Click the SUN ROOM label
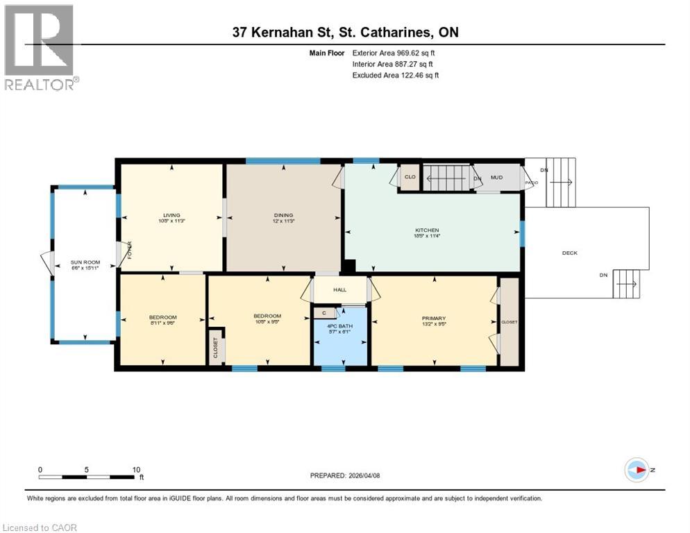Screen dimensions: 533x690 [x=85, y=263]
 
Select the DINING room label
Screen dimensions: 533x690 [x=283, y=215]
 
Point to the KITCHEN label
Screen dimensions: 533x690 [x=428, y=230]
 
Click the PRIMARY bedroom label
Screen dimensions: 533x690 [x=433, y=319]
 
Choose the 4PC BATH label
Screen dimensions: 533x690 [x=339, y=328]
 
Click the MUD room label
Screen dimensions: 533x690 [x=496, y=178]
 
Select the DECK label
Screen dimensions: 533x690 [x=569, y=253]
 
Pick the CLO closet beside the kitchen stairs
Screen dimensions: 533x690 [x=410, y=178]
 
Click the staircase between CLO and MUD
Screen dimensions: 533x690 [x=447, y=178]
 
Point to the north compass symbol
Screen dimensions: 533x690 [x=637, y=470]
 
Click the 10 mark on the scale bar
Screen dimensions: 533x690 [x=136, y=469]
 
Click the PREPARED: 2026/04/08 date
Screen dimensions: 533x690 [x=346, y=475]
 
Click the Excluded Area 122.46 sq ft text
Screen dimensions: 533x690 [x=395, y=75]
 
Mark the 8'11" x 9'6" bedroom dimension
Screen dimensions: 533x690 [x=162, y=322]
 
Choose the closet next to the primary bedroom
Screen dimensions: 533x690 [x=510, y=321]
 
